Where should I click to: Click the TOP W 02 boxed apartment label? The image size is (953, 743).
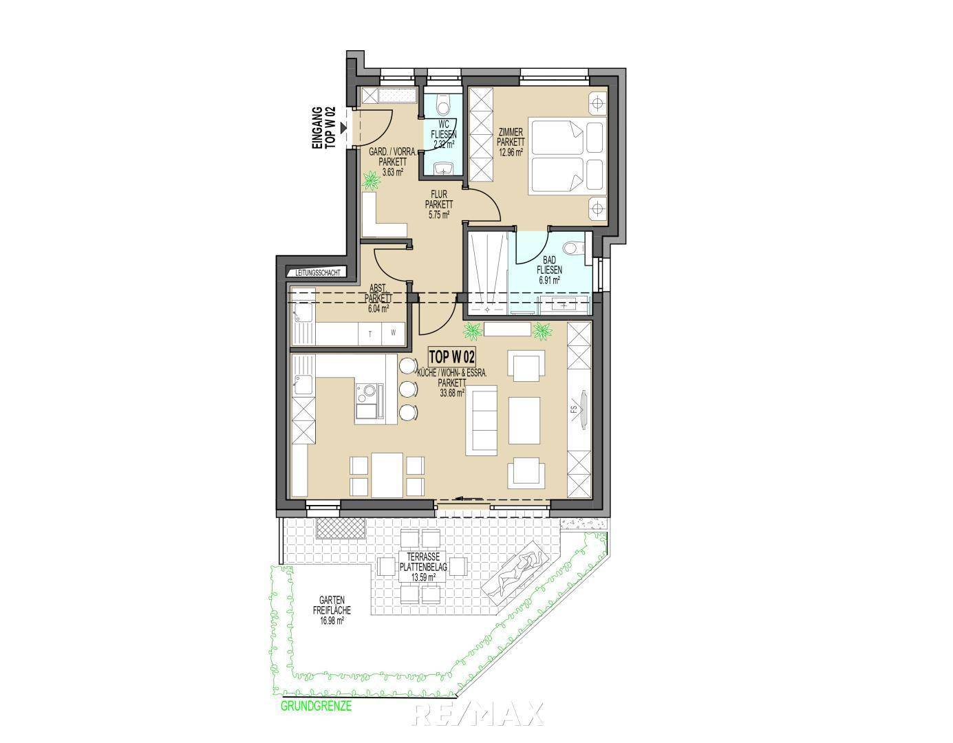[x=451, y=357]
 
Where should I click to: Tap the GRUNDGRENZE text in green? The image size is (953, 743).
[x=317, y=706]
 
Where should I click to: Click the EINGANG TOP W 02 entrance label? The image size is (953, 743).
[x=324, y=128]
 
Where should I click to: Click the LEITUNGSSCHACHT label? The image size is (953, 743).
[x=317, y=273]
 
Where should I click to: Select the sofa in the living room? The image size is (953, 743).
[x=482, y=420]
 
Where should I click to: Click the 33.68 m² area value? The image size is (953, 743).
[x=452, y=393]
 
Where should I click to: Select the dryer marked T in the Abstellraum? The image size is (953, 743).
[x=371, y=334]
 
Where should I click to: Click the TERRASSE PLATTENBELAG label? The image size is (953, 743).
[x=423, y=567]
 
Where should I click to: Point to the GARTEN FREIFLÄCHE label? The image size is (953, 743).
[x=332, y=610]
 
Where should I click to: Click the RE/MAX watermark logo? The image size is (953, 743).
[x=478, y=713]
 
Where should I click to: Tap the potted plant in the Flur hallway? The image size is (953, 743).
[x=372, y=180]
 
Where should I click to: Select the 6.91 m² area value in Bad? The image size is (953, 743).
[x=549, y=280]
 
